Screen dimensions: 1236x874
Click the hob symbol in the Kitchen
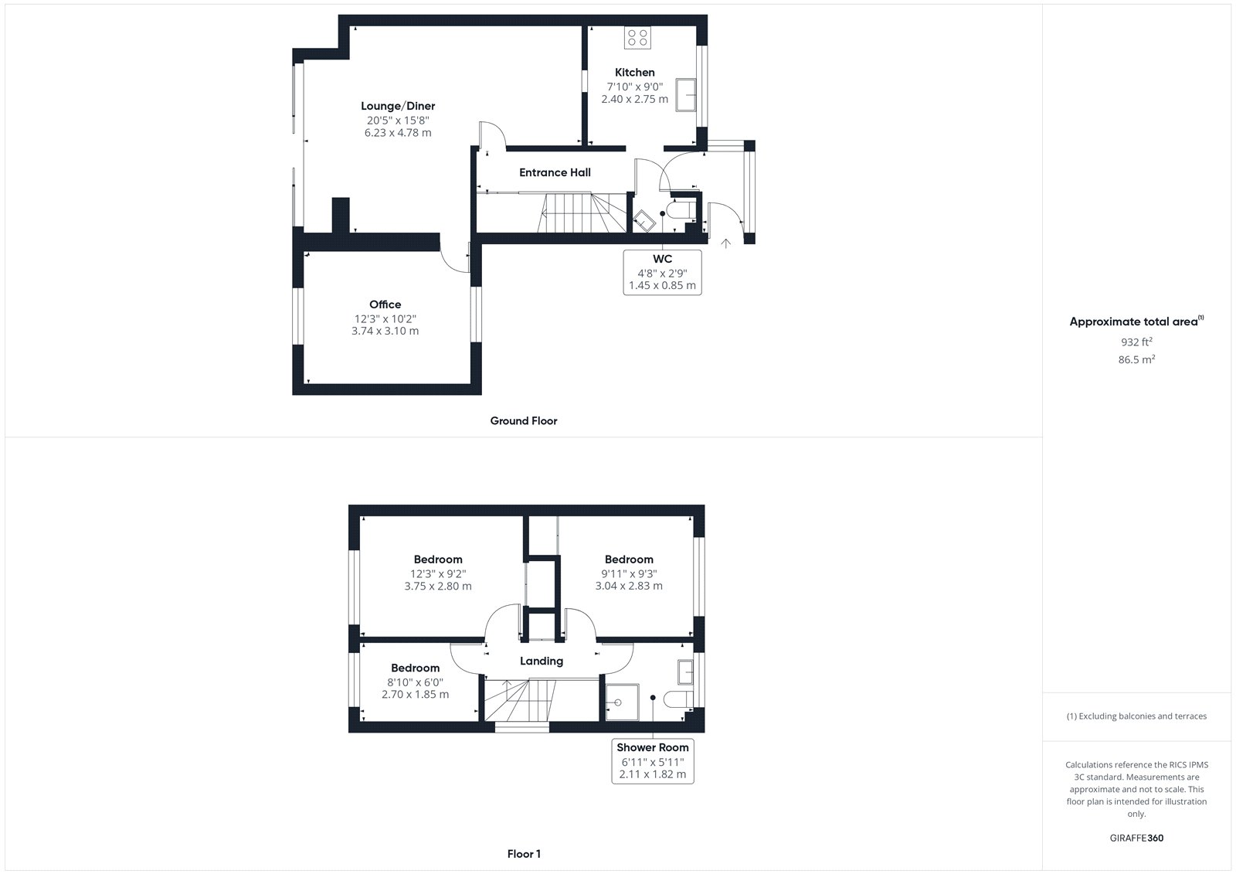pyautogui.click(x=637, y=38)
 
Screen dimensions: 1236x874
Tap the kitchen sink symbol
pyautogui.click(x=685, y=95)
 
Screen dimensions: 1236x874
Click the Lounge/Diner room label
pyautogui.click(x=398, y=106)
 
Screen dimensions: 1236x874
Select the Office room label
pyautogui.click(x=385, y=304)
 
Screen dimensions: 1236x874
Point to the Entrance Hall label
pyautogui.click(x=555, y=172)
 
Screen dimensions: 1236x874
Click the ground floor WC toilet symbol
pyautogui.click(x=681, y=210)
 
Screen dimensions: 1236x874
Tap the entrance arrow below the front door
pyautogui.click(x=725, y=243)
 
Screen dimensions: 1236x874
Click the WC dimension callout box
pyautogui.click(x=662, y=272)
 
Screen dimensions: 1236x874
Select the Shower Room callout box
pyautogui.click(x=653, y=761)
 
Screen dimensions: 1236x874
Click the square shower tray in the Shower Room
pyautogui.click(x=622, y=702)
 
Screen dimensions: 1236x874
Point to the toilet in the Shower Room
pyautogui.click(x=677, y=699)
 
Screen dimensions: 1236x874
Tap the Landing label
pyautogui.click(x=542, y=661)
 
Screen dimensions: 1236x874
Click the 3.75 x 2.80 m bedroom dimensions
pyautogui.click(x=438, y=586)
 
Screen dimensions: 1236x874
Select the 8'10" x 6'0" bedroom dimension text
pyautogui.click(x=415, y=682)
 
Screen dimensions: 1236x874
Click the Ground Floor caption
pyautogui.click(x=524, y=420)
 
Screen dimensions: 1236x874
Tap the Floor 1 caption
pyautogui.click(x=524, y=854)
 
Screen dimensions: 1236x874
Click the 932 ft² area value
pyautogui.click(x=1136, y=342)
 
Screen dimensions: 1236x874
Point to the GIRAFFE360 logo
pyautogui.click(x=1136, y=838)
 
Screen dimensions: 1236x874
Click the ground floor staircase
pyautogui.click(x=582, y=213)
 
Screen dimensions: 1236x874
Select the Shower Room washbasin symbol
pyautogui.click(x=686, y=672)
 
